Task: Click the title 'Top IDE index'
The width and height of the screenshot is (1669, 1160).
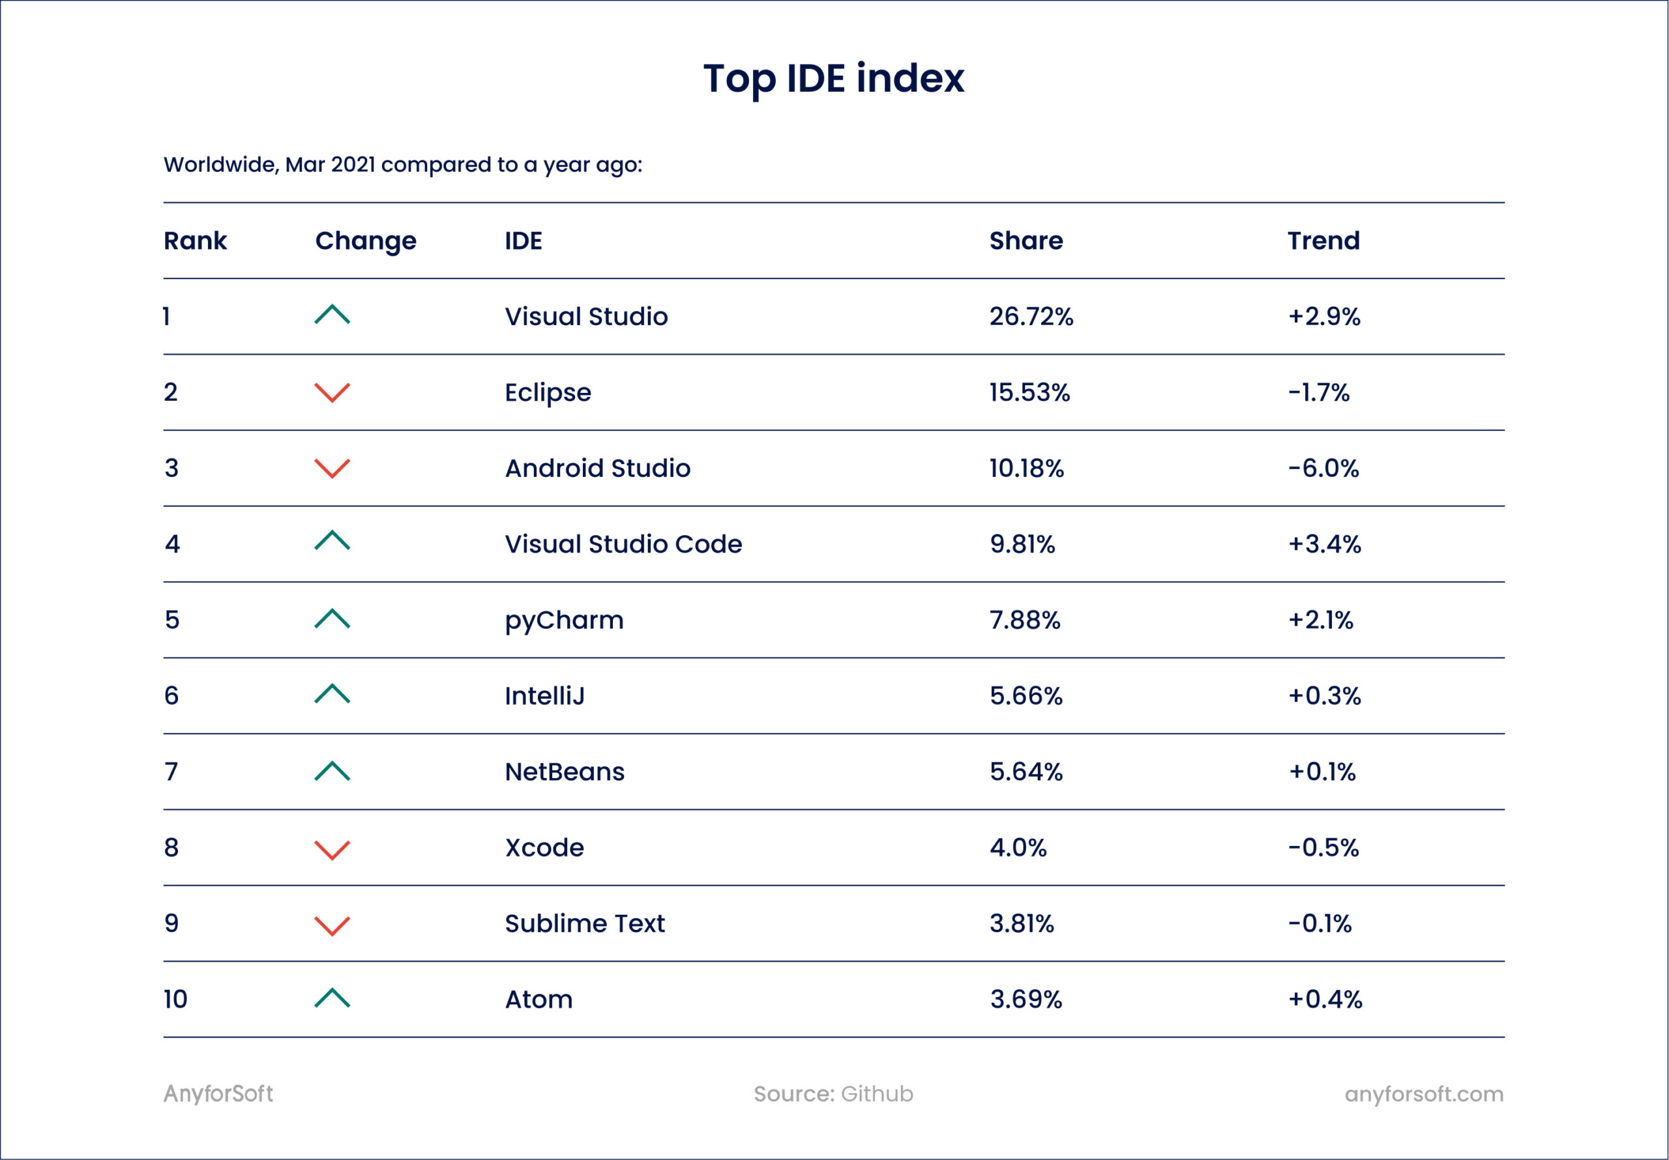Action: [833, 78]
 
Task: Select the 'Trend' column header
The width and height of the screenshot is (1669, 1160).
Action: [1323, 240]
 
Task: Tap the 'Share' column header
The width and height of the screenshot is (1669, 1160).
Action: [1026, 240]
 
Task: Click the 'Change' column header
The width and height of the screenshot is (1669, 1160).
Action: [365, 240]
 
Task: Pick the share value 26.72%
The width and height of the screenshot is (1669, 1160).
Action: [1031, 316]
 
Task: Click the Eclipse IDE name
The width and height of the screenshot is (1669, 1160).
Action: [548, 392]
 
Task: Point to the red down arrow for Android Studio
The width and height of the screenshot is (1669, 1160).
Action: [332, 468]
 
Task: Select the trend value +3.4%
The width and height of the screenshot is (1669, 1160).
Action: [1323, 544]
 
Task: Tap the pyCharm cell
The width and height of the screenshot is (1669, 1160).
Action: [564, 620]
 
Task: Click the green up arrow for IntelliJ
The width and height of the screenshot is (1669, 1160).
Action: [332, 694]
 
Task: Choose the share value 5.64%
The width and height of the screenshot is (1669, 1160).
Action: [1026, 771]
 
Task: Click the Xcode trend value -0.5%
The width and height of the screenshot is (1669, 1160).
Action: [1323, 847]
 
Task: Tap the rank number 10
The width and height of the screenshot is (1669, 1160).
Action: [175, 1000]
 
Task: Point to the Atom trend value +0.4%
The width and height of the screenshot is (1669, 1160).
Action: [1324, 1000]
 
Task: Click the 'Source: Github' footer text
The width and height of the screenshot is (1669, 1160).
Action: [833, 1094]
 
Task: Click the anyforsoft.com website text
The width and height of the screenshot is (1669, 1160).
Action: [1423, 1094]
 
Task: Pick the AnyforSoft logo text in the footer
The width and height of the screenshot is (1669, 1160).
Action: [218, 1094]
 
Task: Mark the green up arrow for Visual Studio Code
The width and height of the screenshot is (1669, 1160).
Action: [332, 541]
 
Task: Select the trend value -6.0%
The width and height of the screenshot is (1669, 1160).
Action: [1323, 468]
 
